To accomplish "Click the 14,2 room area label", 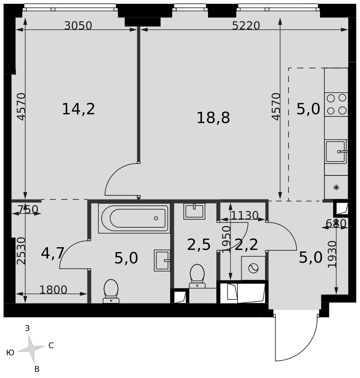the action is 78,109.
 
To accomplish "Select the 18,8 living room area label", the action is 213,118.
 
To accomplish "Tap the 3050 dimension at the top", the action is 78,26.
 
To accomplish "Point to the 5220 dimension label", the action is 246,26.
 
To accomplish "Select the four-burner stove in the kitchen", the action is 336,104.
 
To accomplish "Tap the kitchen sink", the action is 336,152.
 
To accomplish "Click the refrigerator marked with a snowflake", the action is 336,187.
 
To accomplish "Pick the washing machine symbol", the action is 253,268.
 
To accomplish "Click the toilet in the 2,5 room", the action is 197,276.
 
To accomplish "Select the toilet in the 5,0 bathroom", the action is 111,291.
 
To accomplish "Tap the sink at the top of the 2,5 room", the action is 194,211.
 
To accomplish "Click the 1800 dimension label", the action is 53,290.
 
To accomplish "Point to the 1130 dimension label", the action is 245,215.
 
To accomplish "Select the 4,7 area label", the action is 53,253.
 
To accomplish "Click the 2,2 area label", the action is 246,245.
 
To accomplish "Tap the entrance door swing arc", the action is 306,352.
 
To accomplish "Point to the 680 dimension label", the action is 336,223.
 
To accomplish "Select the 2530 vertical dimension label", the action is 21,251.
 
